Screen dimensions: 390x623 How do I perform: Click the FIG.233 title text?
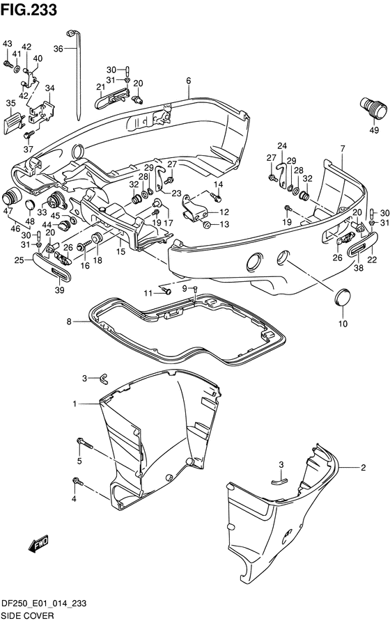click(29, 10)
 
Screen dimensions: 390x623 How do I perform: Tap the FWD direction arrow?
click(38, 543)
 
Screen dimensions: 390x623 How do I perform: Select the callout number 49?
click(374, 129)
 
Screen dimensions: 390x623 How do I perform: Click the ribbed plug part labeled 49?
click(373, 107)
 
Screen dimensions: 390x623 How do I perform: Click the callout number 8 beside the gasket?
click(69, 322)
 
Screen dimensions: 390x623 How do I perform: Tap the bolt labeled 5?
click(85, 443)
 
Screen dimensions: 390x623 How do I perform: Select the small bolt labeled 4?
click(78, 482)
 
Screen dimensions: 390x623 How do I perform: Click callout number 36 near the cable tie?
click(58, 49)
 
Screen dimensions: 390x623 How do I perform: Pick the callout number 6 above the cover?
click(189, 81)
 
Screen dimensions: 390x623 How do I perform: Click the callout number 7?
click(342, 148)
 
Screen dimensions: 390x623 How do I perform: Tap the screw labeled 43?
click(8, 63)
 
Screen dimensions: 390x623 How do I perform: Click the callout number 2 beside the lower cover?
click(363, 468)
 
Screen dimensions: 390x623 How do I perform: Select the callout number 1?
click(75, 404)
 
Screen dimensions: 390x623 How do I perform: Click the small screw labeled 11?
click(166, 292)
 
